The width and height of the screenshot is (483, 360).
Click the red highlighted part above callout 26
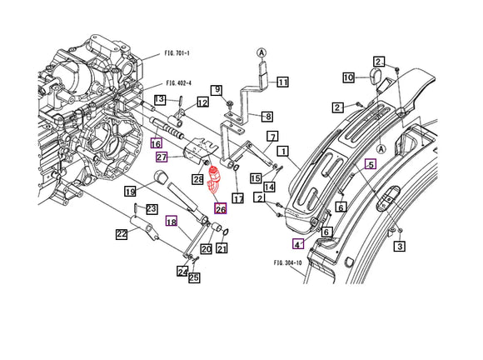point(213,182)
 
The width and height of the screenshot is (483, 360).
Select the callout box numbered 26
point(221,208)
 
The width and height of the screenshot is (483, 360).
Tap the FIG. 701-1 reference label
point(177,53)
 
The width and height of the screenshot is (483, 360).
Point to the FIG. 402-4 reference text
point(179,83)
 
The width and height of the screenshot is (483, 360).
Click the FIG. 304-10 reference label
point(287,262)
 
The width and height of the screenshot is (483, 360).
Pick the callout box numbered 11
point(282,82)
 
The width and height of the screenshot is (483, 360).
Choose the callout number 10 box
point(349,77)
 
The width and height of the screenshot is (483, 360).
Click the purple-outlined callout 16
point(157,143)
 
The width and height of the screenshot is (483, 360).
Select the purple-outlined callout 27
point(162,157)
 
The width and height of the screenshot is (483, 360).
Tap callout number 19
point(130,192)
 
